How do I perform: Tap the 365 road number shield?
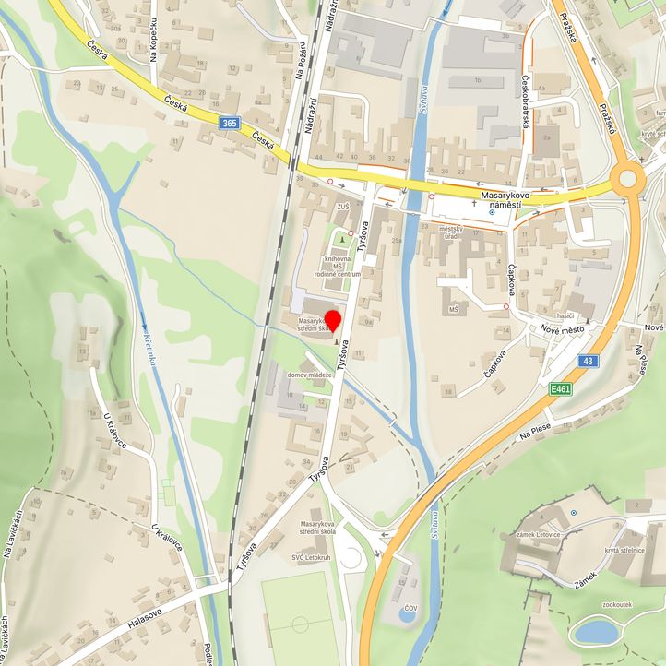click(x=229, y=123)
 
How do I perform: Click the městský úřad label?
click(x=450, y=232)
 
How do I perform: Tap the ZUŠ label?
click(x=343, y=207)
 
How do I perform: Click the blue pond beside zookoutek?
click(x=596, y=632)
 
